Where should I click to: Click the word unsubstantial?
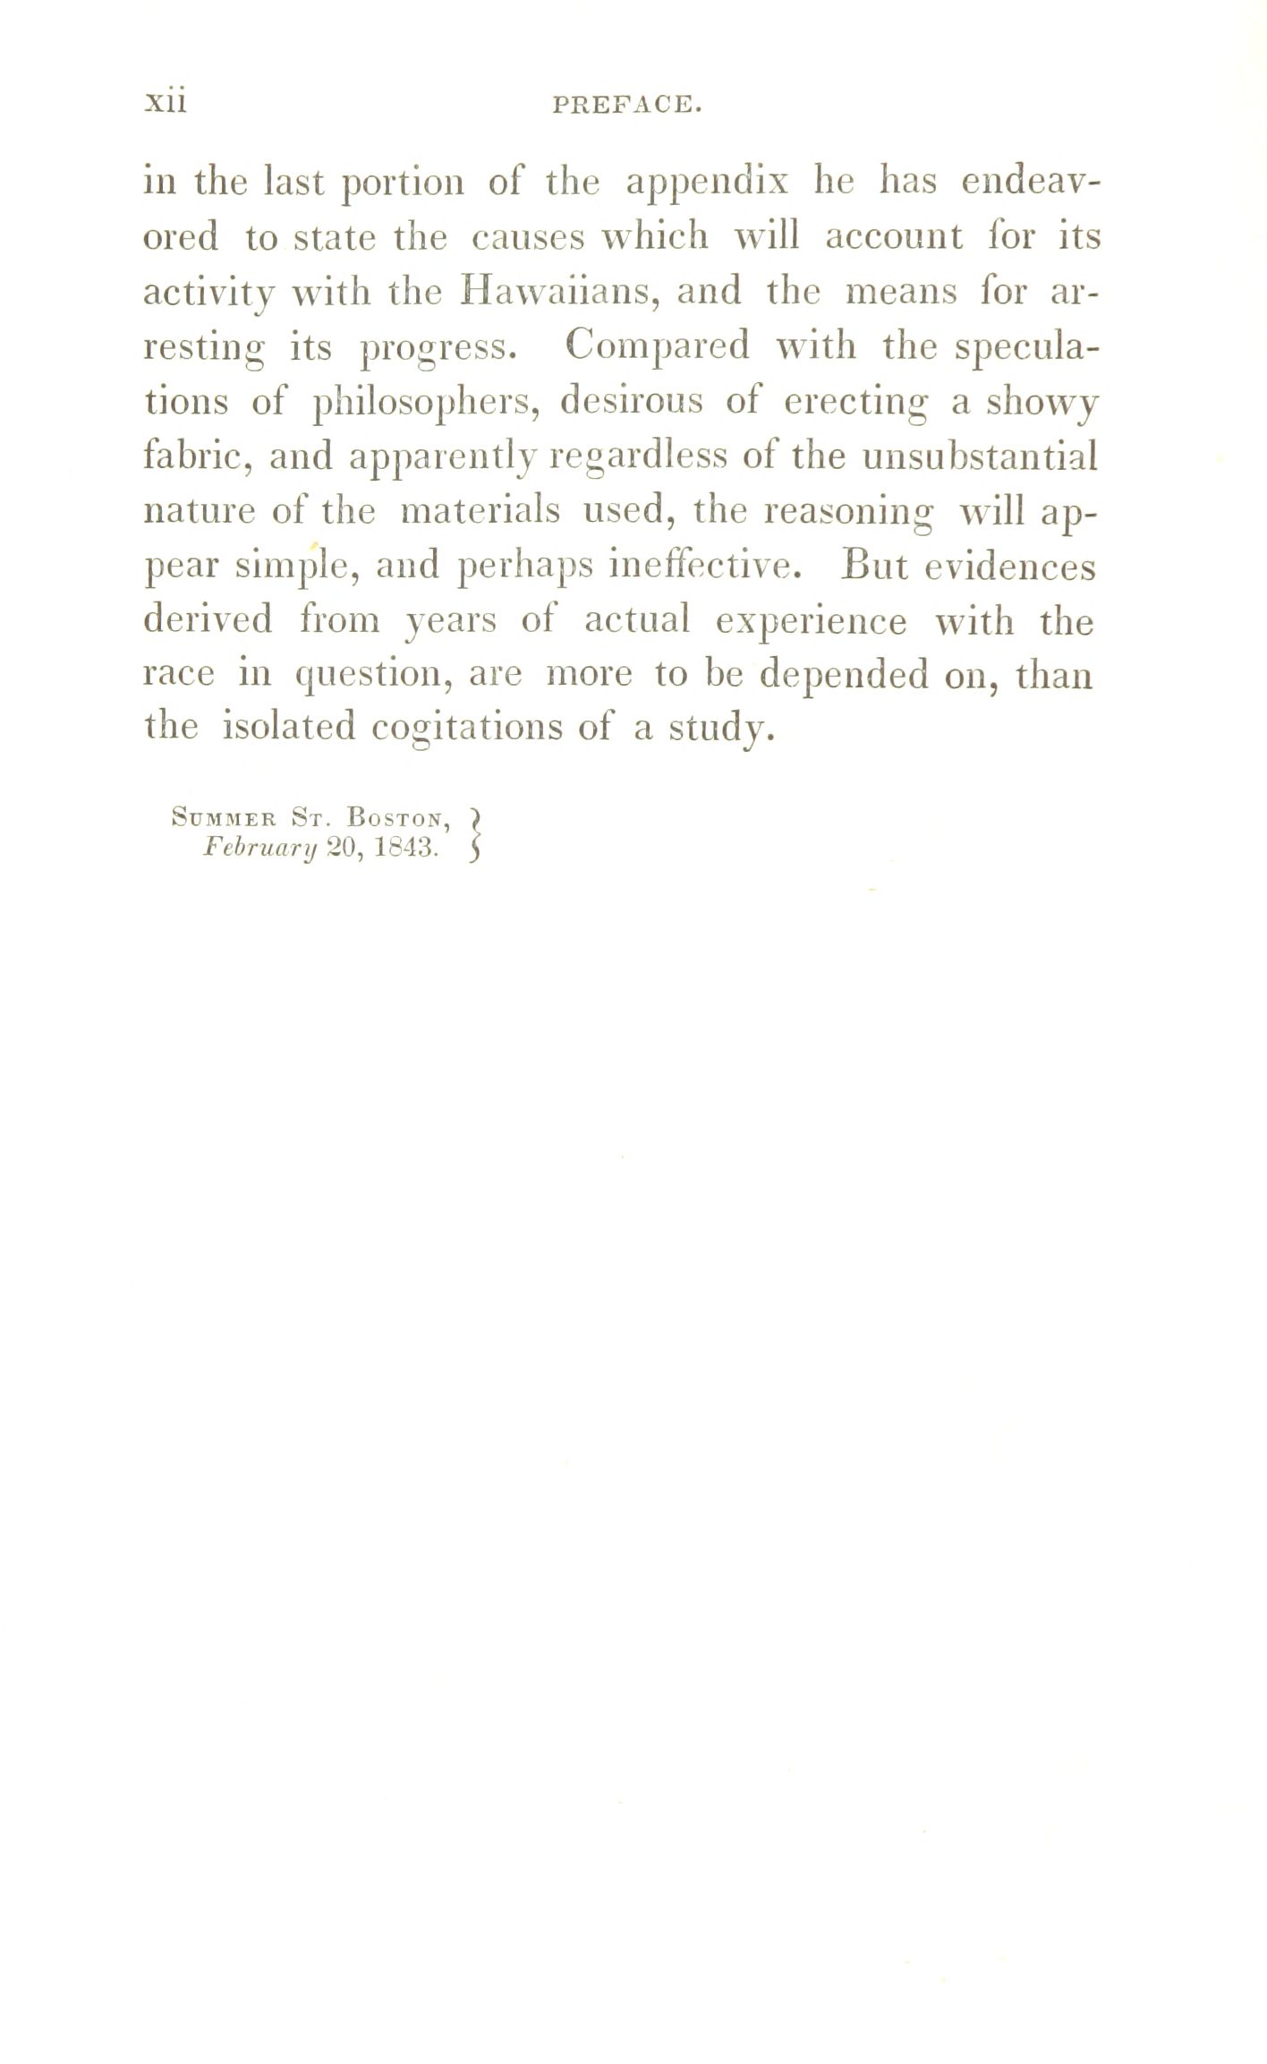click(980, 457)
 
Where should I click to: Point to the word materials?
click(480, 512)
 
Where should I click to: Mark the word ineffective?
click(697, 566)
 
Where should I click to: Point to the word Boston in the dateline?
click(397, 817)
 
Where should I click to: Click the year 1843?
click(404, 848)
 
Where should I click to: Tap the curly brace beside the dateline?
click(475, 833)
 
